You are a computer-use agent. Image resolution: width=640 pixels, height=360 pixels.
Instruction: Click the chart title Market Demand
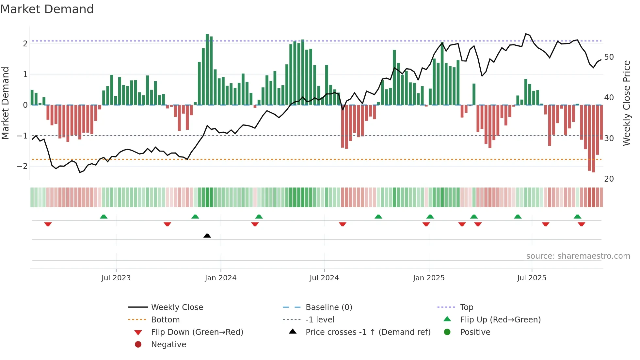(x=47, y=9)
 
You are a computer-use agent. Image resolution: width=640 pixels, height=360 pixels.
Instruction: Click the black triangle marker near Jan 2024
(x=207, y=236)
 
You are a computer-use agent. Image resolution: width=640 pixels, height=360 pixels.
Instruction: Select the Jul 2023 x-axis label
(x=116, y=278)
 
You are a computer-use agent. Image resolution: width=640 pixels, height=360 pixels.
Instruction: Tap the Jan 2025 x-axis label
(x=428, y=278)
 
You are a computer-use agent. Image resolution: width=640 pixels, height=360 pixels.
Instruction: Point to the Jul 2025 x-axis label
(x=532, y=278)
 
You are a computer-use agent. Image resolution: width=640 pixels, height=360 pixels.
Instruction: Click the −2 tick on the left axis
(x=22, y=166)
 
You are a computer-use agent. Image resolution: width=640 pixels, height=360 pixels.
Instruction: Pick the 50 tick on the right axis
(x=609, y=57)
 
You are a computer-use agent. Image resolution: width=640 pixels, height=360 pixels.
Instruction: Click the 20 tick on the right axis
(x=609, y=179)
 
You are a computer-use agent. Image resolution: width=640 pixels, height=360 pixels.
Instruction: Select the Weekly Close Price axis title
(x=626, y=103)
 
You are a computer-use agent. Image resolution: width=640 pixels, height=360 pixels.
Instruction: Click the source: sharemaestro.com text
(x=578, y=256)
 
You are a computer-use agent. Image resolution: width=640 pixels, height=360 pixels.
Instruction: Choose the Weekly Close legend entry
(x=177, y=307)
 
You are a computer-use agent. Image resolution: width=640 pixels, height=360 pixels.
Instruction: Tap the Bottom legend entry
(x=165, y=320)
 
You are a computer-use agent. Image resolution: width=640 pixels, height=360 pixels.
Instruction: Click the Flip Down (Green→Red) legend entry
(x=197, y=332)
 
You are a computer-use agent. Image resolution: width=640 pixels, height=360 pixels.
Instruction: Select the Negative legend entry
(x=168, y=345)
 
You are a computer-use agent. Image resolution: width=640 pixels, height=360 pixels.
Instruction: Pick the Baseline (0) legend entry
(x=328, y=307)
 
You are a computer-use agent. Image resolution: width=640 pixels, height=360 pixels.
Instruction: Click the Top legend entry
(x=466, y=307)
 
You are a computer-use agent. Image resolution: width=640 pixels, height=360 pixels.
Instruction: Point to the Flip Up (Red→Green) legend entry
(x=500, y=320)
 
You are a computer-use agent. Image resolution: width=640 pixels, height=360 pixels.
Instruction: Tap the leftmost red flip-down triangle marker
(x=48, y=224)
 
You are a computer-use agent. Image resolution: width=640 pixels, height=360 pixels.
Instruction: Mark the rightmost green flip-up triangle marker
(x=577, y=217)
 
